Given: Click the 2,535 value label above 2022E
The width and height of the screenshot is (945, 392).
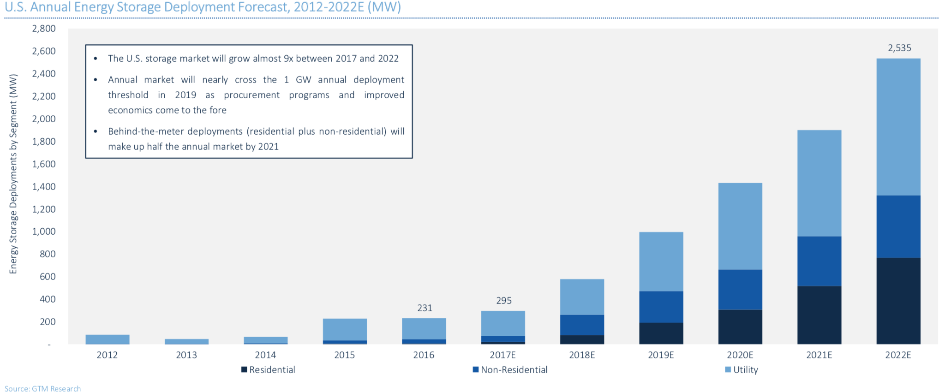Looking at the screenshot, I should (899, 48).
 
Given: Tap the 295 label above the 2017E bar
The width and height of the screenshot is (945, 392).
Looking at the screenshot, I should (503, 301).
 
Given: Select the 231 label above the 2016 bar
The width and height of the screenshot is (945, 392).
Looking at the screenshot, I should (425, 308).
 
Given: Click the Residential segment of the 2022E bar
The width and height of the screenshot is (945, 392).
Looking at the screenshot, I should (898, 301).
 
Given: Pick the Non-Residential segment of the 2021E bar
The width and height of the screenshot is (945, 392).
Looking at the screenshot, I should (819, 261).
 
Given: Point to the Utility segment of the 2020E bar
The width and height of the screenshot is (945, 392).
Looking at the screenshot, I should (740, 226).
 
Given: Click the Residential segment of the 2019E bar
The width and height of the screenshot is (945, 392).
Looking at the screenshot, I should (661, 333).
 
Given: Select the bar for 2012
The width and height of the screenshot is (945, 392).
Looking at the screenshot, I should (108, 339).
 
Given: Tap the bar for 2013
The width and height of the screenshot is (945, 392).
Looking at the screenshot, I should (186, 342).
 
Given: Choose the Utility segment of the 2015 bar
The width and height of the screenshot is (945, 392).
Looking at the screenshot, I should (345, 329).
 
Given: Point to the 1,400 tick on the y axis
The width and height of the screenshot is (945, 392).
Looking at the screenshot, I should (44, 187).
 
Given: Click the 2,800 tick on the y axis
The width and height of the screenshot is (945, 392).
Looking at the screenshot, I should (44, 29).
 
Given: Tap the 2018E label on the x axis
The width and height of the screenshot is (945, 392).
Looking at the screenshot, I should (582, 355).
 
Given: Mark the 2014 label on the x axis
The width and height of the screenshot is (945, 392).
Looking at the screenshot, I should (265, 355).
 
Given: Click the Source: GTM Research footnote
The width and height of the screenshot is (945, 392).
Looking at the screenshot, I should (42, 389).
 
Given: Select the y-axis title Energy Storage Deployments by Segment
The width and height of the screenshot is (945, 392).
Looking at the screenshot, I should (13, 174).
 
